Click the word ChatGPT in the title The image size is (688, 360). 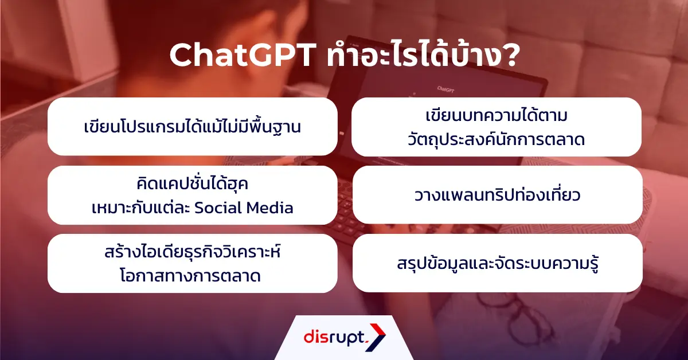coord(241,56)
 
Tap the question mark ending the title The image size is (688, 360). coord(507,56)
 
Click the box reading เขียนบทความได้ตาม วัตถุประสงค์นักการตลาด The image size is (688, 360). coord(497,127)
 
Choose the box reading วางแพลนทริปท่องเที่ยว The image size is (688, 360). coord(497,195)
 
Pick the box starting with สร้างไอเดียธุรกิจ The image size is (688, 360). coord(192,263)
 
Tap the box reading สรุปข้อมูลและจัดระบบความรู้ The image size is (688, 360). coord(497,263)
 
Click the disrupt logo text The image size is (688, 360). coord(333,337)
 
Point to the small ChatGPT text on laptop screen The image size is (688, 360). coord(445,89)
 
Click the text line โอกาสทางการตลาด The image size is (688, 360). coord(192,276)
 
